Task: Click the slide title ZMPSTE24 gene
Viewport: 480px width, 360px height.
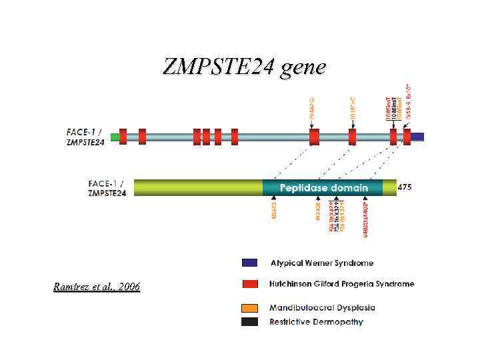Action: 244,67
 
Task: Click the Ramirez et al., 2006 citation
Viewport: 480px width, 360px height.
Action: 97,287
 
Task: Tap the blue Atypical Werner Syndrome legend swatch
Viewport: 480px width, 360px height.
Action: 250,263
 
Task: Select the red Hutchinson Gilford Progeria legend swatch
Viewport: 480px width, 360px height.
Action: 250,284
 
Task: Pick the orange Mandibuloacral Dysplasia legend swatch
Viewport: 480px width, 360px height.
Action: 250,308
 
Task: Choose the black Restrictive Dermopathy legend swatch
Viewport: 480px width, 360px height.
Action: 250,322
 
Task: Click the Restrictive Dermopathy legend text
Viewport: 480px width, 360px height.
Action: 316,322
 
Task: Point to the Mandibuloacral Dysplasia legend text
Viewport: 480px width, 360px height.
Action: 322,308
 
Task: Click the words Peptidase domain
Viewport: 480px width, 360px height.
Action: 323,188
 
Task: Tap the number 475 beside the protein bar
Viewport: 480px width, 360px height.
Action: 405,187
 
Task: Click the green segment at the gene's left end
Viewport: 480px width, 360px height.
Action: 115,137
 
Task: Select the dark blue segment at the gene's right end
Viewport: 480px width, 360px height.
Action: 417,137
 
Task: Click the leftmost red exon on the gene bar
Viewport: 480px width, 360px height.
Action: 123,137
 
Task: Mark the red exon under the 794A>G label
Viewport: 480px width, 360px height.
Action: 314,137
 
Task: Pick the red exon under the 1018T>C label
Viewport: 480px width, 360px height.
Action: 352,137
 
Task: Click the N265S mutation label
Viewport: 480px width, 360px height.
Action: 273,216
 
